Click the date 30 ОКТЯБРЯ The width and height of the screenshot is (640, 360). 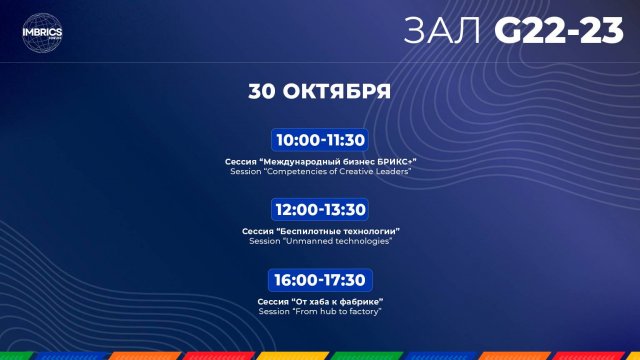(319, 91)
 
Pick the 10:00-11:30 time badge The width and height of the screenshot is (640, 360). (319, 140)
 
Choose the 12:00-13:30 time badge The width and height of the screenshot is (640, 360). (319, 210)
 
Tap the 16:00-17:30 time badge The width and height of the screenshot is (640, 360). (319, 280)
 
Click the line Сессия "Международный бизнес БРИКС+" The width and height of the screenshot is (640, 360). (319, 161)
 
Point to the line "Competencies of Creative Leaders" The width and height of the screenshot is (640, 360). (319, 171)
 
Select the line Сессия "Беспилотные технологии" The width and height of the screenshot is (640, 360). (319, 231)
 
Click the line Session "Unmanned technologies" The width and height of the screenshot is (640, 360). (319, 241)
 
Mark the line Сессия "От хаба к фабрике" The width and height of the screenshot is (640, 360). (319, 301)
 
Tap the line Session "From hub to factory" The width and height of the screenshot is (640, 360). (319, 311)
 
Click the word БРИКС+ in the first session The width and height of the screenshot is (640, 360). (393, 161)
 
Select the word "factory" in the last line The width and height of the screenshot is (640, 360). (363, 311)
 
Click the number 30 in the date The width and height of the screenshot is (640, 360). (262, 91)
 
